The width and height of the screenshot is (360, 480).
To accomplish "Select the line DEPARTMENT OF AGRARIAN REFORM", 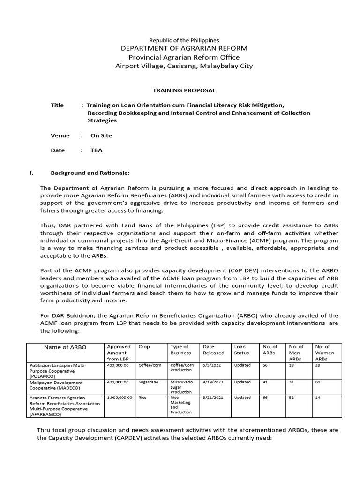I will tap(184, 49).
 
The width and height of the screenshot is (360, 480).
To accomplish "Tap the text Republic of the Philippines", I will tap(184, 41).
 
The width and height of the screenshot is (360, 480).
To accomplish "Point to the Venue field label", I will tap(60, 135).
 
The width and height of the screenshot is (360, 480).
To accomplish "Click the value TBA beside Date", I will tap(96, 150).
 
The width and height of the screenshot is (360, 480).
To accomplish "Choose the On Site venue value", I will tap(101, 135).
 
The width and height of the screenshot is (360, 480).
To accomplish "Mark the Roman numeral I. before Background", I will tap(31, 173).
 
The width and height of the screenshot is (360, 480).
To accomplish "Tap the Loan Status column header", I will tap(240, 350).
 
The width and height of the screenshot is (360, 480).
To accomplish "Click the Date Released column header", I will tap(214, 350).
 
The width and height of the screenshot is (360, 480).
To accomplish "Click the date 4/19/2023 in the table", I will tap(213, 382).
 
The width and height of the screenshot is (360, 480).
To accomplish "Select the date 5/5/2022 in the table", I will tap(210, 365).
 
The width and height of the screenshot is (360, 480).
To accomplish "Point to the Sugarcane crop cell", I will tap(149, 382).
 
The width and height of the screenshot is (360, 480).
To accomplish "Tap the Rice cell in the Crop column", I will tap(143, 397).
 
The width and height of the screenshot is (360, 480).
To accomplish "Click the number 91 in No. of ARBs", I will tap(265, 382).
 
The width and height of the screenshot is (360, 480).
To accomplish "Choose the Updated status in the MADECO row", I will tap(242, 382).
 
